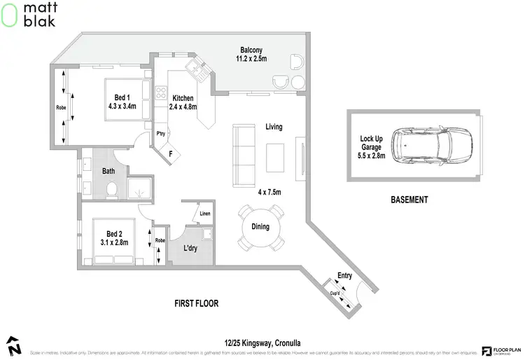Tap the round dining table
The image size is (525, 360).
(260, 226)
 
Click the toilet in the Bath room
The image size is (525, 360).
(110, 189)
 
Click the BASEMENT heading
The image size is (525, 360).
(409, 200)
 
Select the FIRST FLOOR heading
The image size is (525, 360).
(197, 304)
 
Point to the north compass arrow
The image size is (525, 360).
(14, 346)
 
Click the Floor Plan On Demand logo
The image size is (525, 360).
(498, 350)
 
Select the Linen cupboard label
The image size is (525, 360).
(204, 214)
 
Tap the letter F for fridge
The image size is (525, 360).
(170, 153)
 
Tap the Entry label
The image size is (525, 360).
(344, 275)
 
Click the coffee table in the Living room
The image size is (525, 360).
(276, 157)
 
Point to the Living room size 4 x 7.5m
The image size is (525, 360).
(269, 192)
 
